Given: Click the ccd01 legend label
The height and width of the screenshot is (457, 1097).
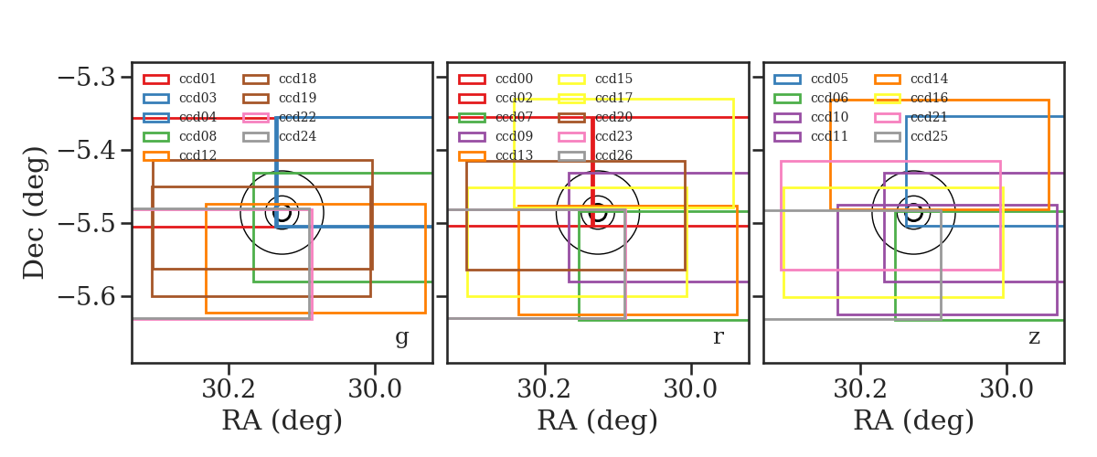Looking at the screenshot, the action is pyautogui.click(x=197, y=79).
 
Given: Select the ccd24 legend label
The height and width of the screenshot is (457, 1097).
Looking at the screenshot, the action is pyautogui.click(x=297, y=136).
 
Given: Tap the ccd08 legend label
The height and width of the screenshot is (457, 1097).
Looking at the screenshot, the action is pyautogui.click(x=197, y=136).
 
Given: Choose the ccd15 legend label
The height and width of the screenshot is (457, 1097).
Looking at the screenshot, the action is pyautogui.click(x=613, y=79).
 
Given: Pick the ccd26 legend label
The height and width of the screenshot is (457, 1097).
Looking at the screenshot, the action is pyautogui.click(x=613, y=155).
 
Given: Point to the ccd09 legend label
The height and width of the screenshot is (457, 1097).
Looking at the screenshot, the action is pyautogui.click(x=514, y=136).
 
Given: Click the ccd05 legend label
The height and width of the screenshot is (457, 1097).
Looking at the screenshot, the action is pyautogui.click(x=829, y=79).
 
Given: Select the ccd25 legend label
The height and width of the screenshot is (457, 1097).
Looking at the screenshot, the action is pyautogui.click(x=929, y=136).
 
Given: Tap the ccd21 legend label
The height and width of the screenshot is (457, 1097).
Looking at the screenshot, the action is pyautogui.click(x=929, y=117).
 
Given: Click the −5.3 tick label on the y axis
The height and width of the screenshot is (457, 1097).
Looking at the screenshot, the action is pyautogui.click(x=87, y=78).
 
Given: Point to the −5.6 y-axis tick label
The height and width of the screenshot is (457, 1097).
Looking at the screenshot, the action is pyautogui.click(x=87, y=297).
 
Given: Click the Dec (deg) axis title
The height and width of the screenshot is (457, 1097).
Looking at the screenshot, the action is pyautogui.click(x=35, y=213).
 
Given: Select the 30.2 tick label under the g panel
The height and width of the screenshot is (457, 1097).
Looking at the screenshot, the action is pyautogui.click(x=229, y=389).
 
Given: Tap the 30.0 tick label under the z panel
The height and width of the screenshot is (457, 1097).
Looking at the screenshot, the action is pyautogui.click(x=1006, y=389).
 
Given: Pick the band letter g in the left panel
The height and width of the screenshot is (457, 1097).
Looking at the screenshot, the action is pyautogui.click(x=401, y=338).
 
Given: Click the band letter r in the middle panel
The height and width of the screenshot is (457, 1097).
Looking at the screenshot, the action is pyautogui.click(x=718, y=336).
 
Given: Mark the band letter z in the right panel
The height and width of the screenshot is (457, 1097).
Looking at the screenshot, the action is pyautogui.click(x=1034, y=337).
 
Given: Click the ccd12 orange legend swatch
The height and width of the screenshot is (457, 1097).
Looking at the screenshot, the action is pyautogui.click(x=156, y=155).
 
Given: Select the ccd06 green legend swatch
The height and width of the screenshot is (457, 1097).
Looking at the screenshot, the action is pyautogui.click(x=787, y=99).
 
